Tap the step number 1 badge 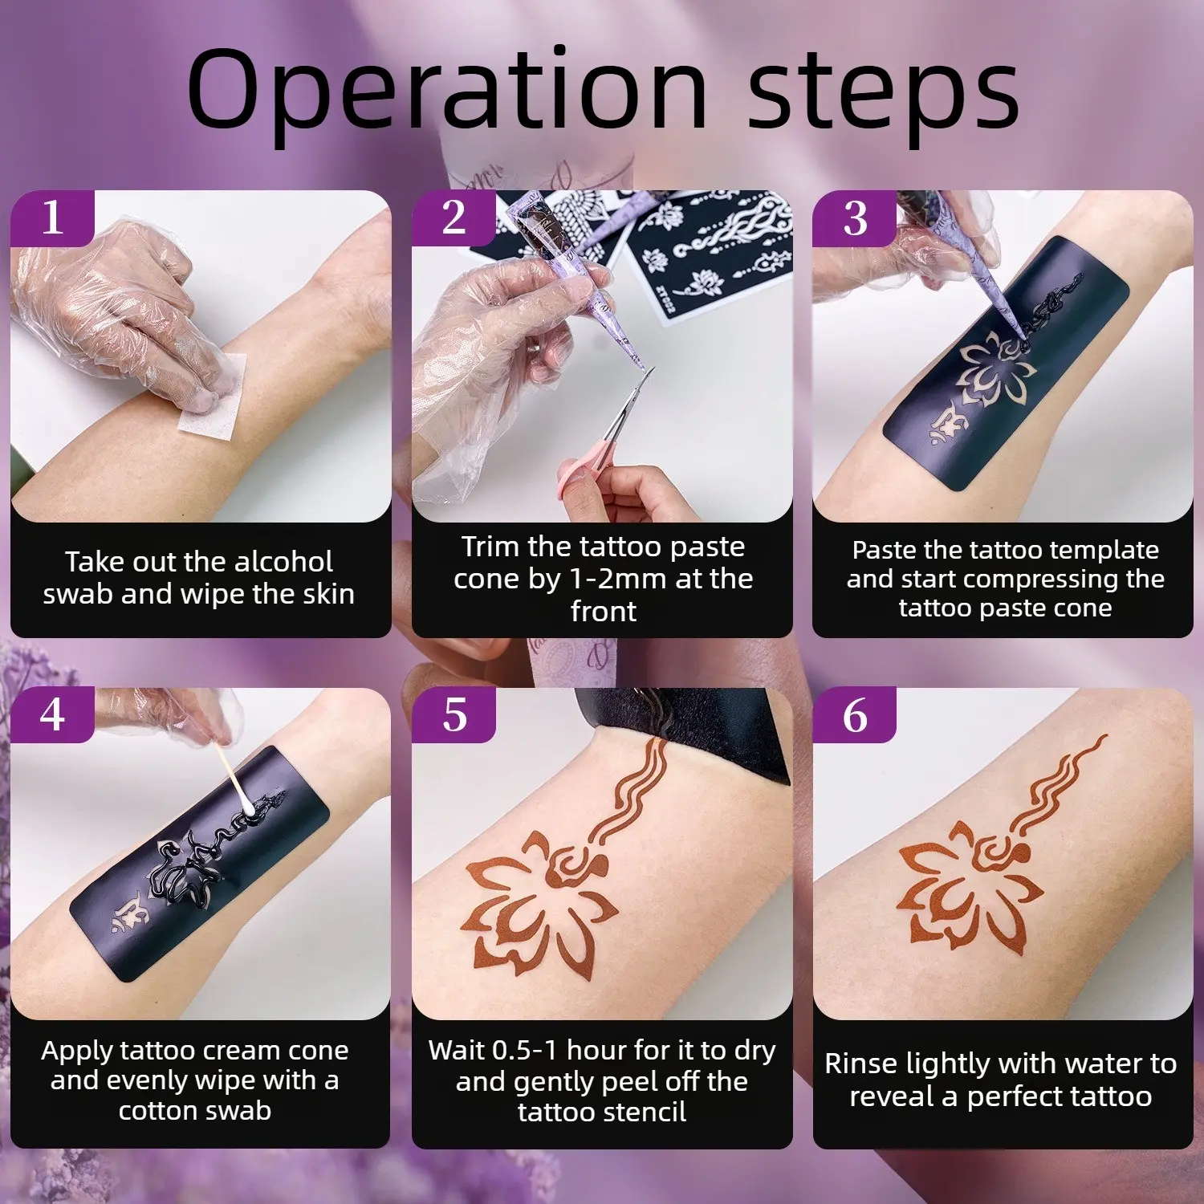tap(53, 218)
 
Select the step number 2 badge tap(454, 218)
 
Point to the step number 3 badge tap(855, 218)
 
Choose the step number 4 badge tap(53, 714)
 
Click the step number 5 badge tap(454, 714)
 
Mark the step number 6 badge tap(855, 714)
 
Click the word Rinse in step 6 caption tap(861, 1064)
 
